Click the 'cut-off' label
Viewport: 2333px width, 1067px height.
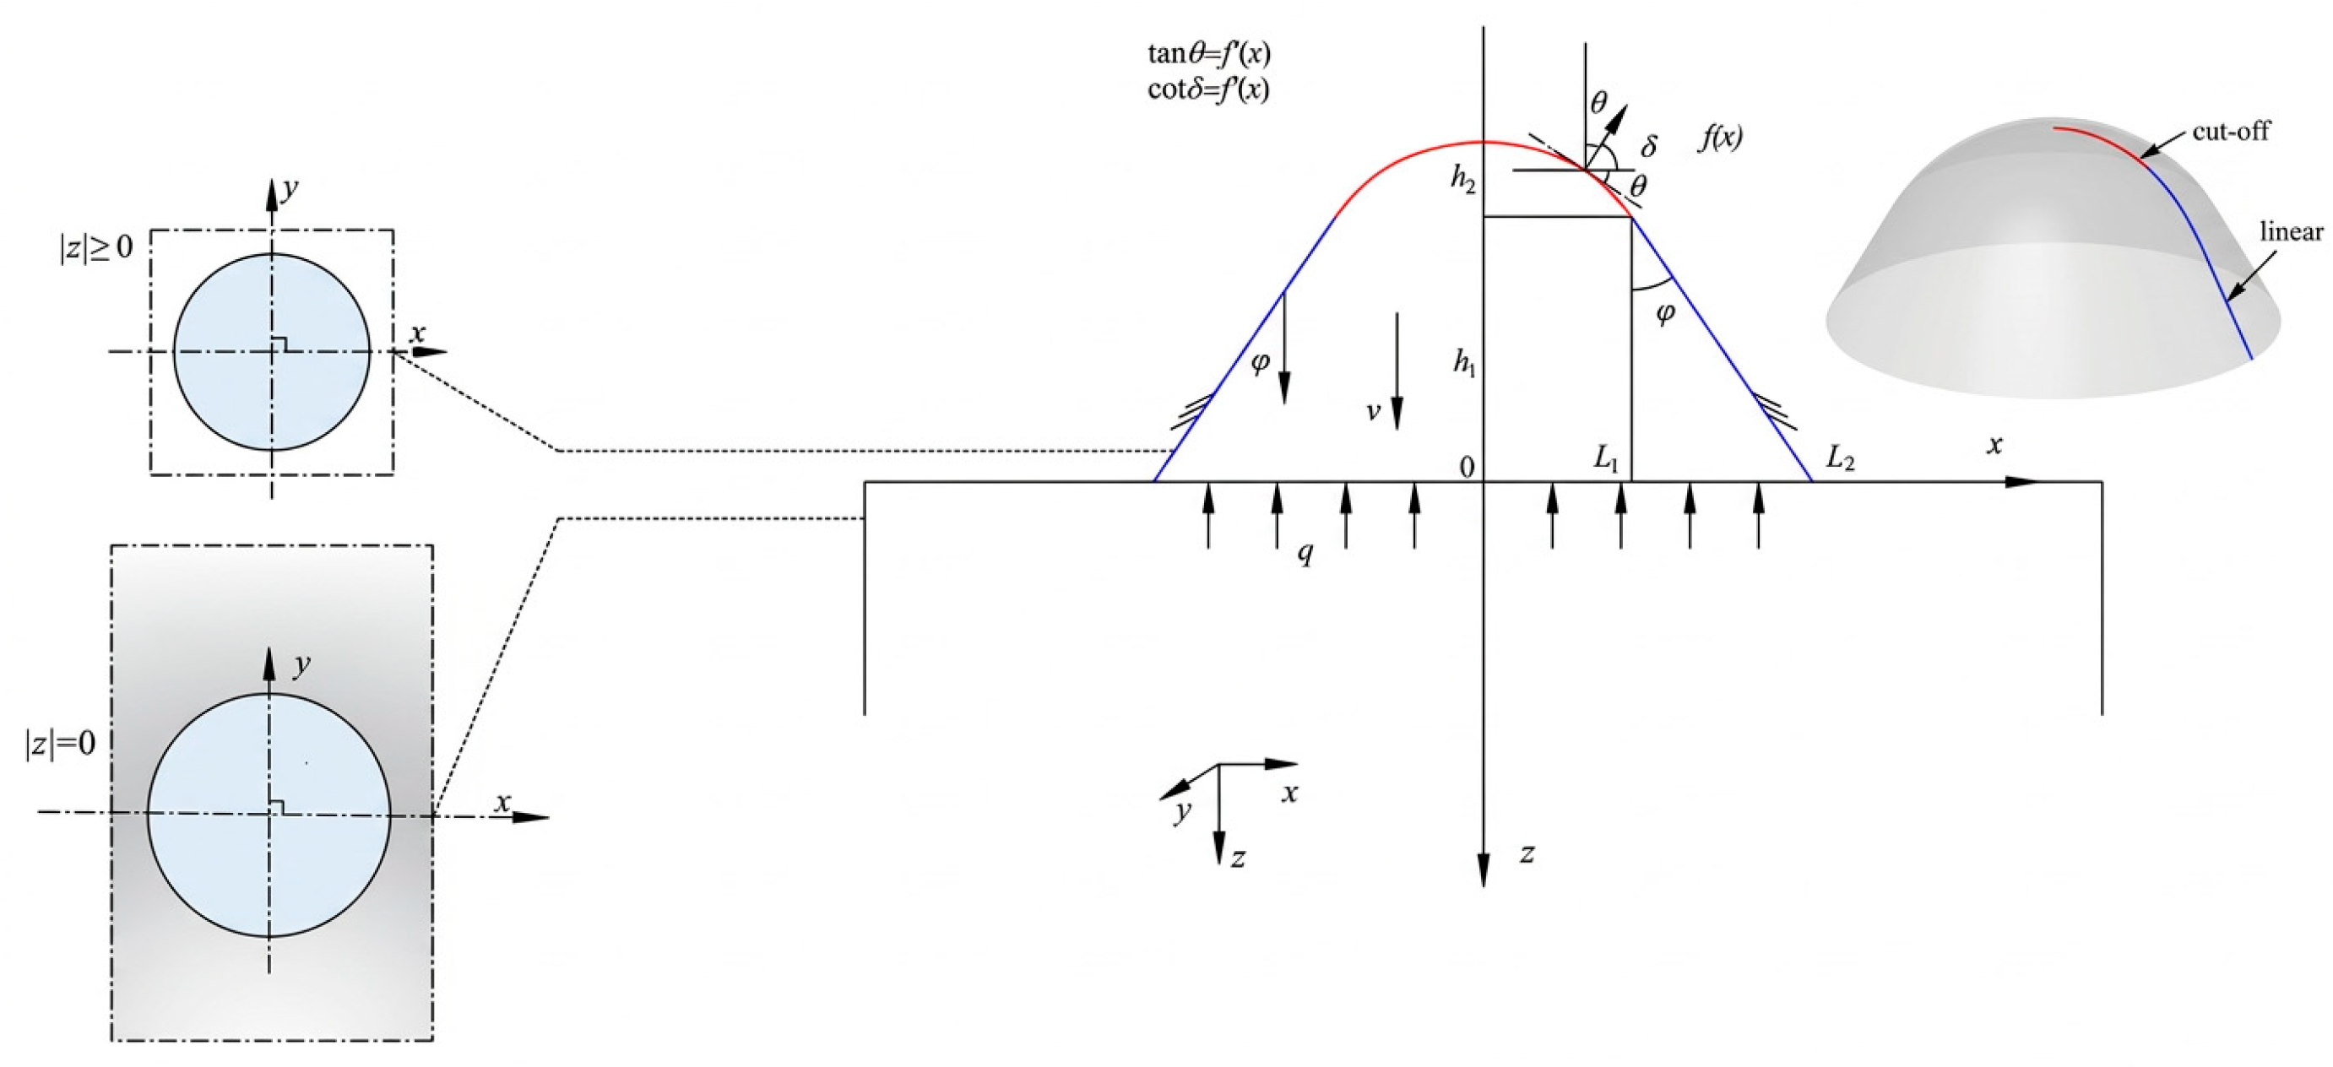(x=2231, y=132)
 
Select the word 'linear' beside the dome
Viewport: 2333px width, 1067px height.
(x=2292, y=232)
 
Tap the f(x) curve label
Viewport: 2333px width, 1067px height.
(x=1720, y=138)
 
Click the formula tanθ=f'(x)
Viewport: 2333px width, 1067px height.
(x=1209, y=54)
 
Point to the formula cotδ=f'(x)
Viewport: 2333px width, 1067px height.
(x=1208, y=89)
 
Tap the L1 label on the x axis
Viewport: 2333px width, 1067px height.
(x=1606, y=459)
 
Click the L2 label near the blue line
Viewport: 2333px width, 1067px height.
(x=1839, y=459)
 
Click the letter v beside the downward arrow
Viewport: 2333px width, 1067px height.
(x=1373, y=412)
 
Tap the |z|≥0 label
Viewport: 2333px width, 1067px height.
(x=96, y=246)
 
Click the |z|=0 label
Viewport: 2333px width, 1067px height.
(x=60, y=744)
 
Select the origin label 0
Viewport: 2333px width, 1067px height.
(x=1467, y=467)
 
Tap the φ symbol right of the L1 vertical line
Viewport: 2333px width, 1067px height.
(x=1664, y=313)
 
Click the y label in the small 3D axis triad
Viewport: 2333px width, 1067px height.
(x=1182, y=810)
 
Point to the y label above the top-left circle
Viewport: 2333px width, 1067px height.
(x=290, y=189)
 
